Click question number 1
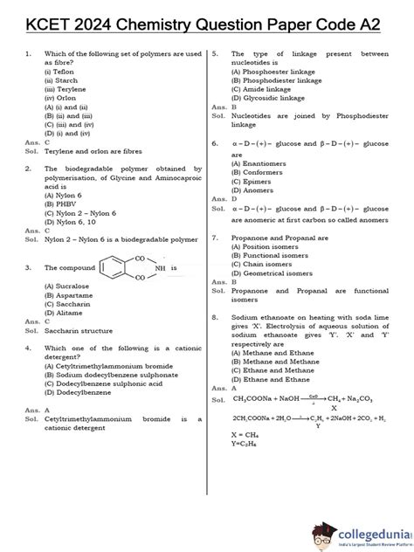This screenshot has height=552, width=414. pyautogui.click(x=28, y=54)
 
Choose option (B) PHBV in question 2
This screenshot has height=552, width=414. pyautogui.click(x=59, y=204)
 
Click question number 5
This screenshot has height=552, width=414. pyautogui.click(x=215, y=54)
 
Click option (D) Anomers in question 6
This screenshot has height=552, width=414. pyautogui.click(x=256, y=190)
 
